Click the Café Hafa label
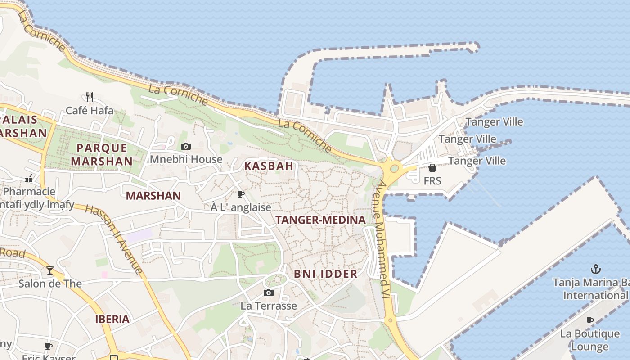coord(90,110)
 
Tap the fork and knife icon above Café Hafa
coord(90,97)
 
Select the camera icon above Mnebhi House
coord(186,146)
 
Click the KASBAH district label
coord(269,166)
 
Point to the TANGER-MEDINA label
coord(320,220)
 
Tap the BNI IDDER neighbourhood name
coord(326,274)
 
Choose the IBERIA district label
coord(112,319)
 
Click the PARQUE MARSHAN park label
coord(102,154)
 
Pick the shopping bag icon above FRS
coord(432,168)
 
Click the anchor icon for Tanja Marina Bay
coord(595,269)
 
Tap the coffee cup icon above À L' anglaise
coord(241,194)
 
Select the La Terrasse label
coord(269,306)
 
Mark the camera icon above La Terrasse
coord(269,293)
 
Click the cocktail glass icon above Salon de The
coord(50,270)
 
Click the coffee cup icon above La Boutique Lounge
coord(590,320)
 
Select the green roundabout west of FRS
coord(394,169)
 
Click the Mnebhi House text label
coord(186,159)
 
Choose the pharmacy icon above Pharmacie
coord(29,179)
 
